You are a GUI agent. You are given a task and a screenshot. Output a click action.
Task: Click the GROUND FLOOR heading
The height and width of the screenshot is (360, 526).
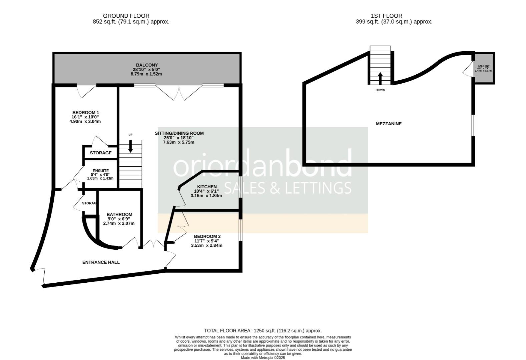click(126, 16)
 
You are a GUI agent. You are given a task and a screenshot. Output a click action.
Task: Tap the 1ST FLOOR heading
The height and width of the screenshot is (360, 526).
click(387, 16)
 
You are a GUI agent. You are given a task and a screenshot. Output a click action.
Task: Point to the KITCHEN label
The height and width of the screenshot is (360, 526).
click(207, 187)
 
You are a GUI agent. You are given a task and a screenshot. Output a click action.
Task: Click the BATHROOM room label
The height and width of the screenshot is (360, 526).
click(119, 214)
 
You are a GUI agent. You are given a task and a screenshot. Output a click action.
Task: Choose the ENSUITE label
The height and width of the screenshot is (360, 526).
click(101, 171)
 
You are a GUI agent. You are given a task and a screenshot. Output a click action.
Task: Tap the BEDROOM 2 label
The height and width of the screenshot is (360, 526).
click(207, 237)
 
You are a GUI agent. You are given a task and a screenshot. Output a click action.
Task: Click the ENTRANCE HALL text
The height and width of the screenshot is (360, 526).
click(101, 262)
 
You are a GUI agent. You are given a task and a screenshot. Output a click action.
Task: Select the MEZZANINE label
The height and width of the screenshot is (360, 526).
click(389, 124)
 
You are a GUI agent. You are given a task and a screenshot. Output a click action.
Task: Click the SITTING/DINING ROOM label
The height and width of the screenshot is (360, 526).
click(179, 134)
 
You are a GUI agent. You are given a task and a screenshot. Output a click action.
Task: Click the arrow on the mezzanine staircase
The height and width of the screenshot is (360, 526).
click(380, 78)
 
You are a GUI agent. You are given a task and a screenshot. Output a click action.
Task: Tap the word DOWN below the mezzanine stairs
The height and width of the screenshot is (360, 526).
click(380, 90)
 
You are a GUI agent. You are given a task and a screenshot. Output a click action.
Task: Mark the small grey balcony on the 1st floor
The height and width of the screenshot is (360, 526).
click(484, 68)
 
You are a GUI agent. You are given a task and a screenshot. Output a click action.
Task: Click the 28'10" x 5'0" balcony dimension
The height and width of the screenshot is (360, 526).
click(146, 70)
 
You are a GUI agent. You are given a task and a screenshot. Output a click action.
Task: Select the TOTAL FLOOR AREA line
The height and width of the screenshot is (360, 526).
click(263, 331)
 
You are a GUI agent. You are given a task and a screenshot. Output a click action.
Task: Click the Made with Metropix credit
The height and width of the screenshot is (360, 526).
click(263, 358)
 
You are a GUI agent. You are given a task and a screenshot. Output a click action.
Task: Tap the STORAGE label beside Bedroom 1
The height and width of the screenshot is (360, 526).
click(101, 153)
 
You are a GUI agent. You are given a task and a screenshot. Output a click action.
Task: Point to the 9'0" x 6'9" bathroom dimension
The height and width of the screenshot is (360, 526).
click(119, 219)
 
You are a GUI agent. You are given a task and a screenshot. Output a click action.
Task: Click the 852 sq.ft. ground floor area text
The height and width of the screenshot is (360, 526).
click(131, 22)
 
